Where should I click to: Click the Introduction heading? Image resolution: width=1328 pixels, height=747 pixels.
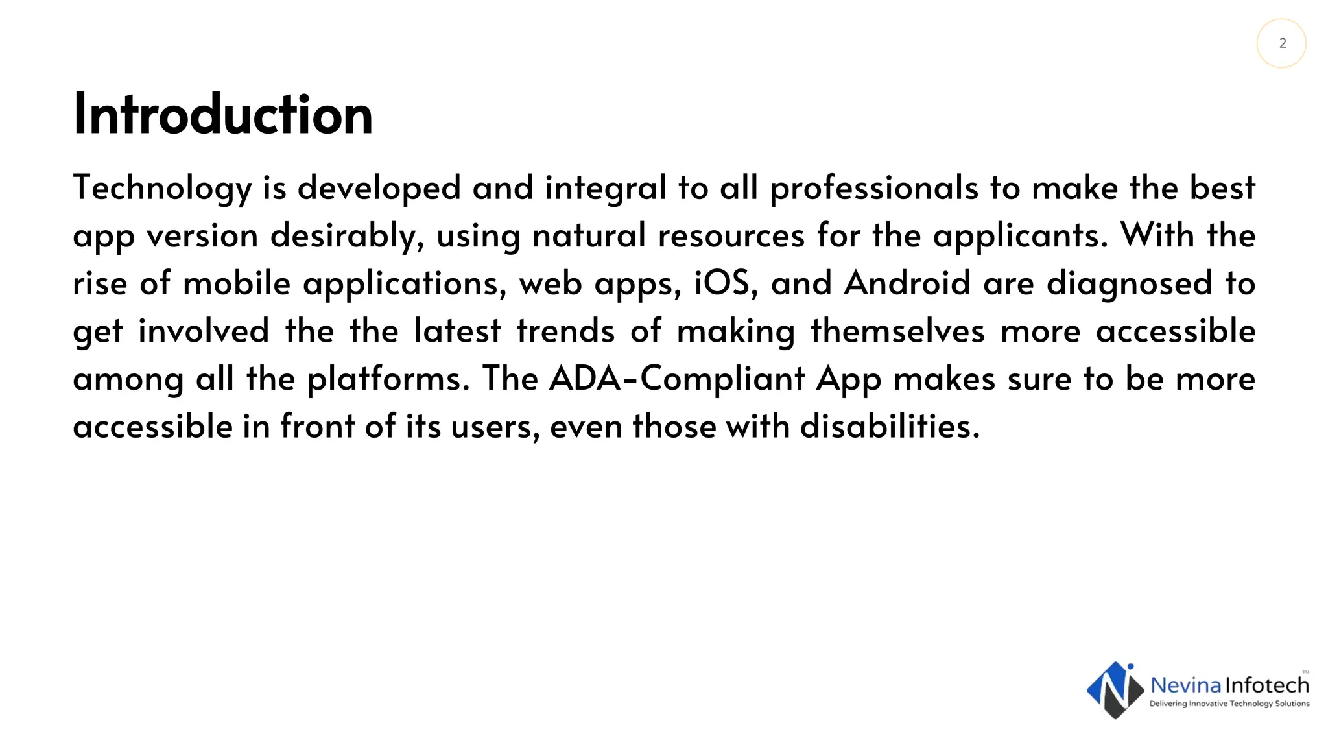tap(223, 115)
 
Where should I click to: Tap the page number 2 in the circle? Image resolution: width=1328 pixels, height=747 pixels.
tap(1282, 43)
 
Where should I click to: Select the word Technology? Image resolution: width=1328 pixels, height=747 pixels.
tap(162, 188)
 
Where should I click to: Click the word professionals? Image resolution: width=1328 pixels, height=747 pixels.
tap(873, 188)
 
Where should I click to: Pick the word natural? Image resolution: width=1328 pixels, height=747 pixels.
tap(589, 235)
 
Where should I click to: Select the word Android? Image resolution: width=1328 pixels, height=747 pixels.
tap(907, 283)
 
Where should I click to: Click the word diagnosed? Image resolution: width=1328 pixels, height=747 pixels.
tap(1129, 283)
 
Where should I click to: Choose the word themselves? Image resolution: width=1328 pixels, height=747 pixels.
tap(897, 331)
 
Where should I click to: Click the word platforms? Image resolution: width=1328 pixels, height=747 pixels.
tap(388, 379)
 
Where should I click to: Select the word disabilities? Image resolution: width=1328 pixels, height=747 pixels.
tap(890, 427)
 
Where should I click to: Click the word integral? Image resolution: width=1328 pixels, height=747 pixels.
tap(606, 188)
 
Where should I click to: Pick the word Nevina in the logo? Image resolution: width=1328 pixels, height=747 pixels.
tap(1185, 685)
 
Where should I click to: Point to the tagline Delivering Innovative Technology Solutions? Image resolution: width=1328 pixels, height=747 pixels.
tap(1229, 704)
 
